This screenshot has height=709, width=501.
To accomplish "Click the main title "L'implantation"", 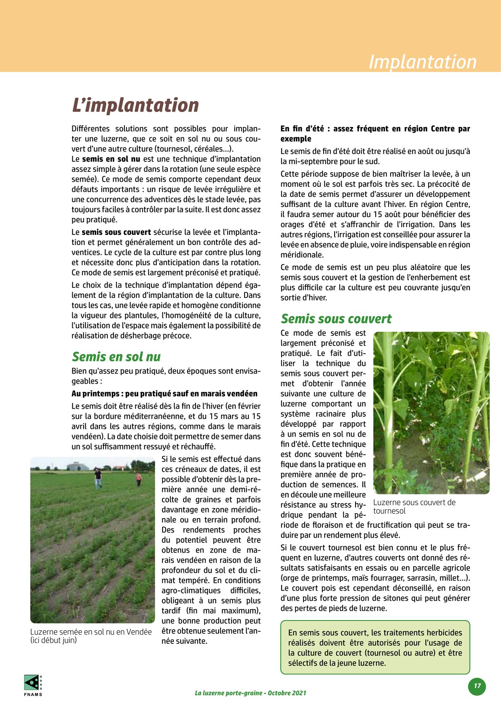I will pos(135,105).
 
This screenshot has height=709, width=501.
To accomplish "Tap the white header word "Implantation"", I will pos(422,62).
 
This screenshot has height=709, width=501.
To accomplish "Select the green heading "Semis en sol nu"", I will pos(116,357).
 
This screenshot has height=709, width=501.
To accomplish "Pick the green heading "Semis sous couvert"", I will pos(336,319).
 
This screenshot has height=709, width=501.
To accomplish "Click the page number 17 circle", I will pos(477,686).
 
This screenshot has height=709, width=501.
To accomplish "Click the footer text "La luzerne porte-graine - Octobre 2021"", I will pos(250,693).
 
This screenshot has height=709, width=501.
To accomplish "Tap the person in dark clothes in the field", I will pos(98,478).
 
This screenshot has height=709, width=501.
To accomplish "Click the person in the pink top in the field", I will pos(139,479).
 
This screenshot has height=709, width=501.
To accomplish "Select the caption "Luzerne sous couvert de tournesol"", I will pos(414,506).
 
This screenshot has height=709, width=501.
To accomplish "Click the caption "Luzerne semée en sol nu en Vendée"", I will pos(91,632).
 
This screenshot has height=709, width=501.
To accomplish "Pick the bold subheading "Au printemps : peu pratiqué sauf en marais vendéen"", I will pos(164,394).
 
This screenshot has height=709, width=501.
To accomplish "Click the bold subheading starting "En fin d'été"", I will pos(375,133).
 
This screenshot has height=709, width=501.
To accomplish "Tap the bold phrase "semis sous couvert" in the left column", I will pos(116,232).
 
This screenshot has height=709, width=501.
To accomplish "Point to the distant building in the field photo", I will pos(78,466).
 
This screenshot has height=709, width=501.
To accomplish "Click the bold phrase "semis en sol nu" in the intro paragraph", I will pos(111,159).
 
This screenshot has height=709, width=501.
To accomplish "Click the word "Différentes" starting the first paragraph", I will pos(91,129).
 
